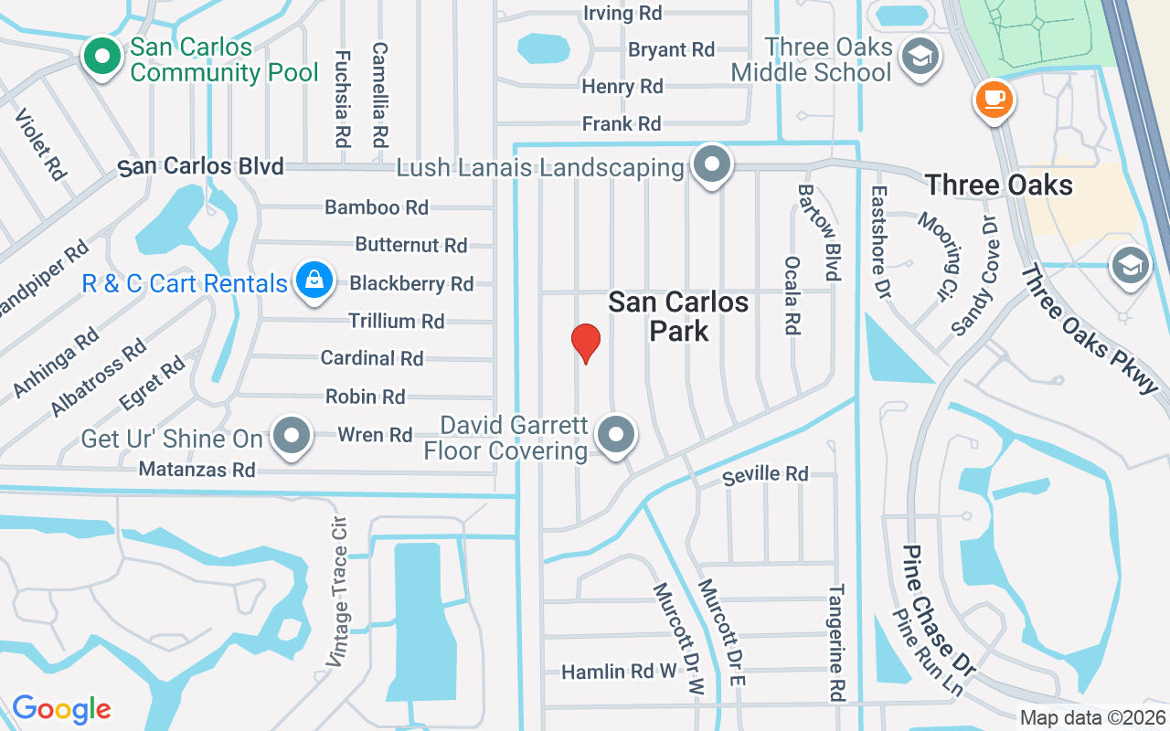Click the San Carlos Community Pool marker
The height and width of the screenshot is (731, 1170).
pos(103,57)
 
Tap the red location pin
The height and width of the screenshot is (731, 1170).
pos(585,343)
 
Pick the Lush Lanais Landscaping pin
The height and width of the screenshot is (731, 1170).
pos(712,165)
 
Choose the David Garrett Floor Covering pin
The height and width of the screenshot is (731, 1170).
pos(617,435)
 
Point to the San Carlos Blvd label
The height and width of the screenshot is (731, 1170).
pos(201,167)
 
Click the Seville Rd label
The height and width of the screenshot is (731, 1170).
pos(765,474)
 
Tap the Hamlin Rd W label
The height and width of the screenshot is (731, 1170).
pos(619,672)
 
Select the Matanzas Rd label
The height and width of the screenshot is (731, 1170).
pos(197,470)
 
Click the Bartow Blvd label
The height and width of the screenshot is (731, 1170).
pos(819,232)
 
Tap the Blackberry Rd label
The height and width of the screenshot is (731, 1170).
pos(411,284)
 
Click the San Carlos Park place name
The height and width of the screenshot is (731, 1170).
pos(678,316)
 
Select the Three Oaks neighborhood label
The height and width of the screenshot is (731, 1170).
pos(998,185)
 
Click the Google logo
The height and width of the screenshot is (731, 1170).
pos(61,709)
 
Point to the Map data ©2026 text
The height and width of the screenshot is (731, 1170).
pos(1091,718)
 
